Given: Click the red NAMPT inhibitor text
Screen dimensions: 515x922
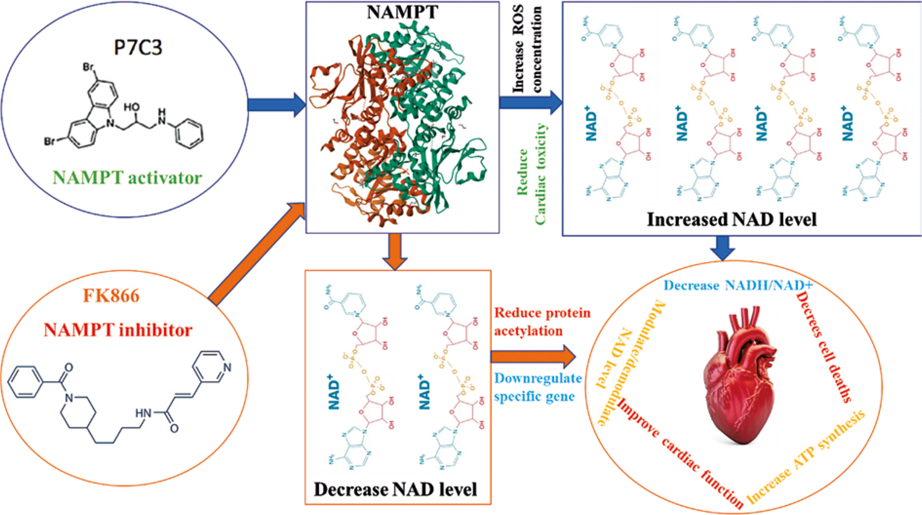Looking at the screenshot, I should tap(118, 330).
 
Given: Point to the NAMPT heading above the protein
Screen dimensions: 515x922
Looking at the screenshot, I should tap(402, 12).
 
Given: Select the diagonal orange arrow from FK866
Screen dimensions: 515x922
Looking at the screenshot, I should tap(256, 254).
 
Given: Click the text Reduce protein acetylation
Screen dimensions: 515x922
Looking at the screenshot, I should tap(542, 322).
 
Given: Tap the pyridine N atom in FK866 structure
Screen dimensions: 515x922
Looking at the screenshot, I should tap(227, 367).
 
